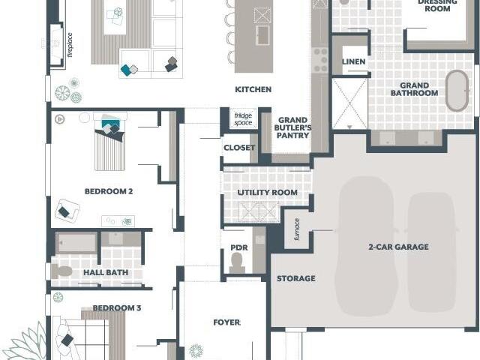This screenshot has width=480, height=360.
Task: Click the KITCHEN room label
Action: click(x=253, y=90)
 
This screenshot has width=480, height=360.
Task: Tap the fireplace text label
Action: click(x=70, y=45)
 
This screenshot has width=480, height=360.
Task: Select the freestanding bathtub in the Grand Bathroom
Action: click(x=457, y=91)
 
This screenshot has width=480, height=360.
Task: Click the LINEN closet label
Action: click(x=353, y=61)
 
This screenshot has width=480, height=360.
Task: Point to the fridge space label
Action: click(x=243, y=119)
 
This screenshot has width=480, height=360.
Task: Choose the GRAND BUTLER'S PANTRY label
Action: click(x=292, y=127)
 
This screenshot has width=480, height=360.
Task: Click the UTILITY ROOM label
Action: click(x=267, y=193)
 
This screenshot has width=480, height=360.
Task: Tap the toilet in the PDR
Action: click(x=237, y=263)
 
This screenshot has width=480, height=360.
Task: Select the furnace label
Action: click(x=297, y=229)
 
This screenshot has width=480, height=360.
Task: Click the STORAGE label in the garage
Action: click(x=296, y=278)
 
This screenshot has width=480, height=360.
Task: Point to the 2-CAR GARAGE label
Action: click(x=398, y=247)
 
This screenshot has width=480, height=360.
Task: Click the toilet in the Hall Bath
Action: click(x=62, y=271)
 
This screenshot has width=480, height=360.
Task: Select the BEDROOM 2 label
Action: click(x=109, y=192)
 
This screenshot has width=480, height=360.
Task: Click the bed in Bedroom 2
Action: click(x=110, y=142)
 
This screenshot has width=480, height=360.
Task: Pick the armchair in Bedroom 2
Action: click(x=67, y=210)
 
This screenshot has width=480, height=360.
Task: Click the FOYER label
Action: click(x=226, y=322)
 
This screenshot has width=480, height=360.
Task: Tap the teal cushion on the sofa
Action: click(x=126, y=70)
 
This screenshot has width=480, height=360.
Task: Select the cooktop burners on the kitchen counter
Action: click(x=320, y=60)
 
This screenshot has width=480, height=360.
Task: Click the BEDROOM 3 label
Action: click(x=117, y=308)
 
